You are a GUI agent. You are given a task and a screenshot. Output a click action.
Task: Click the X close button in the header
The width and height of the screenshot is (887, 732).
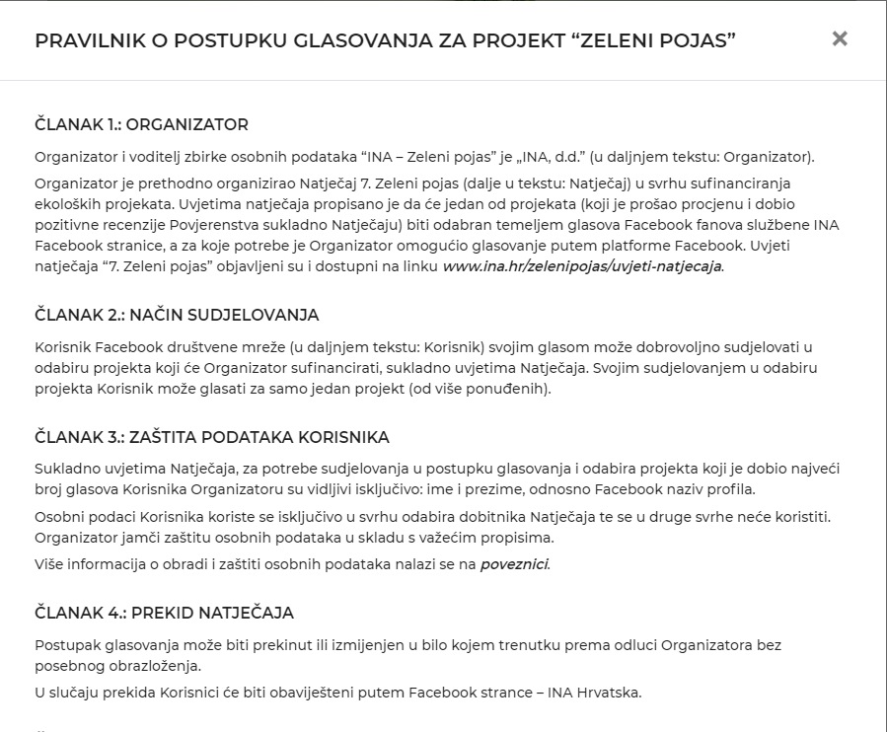point(840,39)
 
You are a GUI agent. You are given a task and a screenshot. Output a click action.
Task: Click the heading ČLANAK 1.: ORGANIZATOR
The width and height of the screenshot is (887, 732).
point(141,125)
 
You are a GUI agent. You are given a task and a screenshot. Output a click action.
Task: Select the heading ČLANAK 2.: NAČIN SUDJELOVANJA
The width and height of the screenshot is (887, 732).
point(177,316)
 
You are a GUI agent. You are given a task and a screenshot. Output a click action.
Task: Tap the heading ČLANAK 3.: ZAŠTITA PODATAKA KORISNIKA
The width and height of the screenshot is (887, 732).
point(212,437)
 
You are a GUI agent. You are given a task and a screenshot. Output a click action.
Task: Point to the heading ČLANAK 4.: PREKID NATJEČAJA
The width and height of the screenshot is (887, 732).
point(164,614)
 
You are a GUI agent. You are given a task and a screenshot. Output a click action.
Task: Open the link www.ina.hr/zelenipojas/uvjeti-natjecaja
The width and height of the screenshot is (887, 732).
point(582,266)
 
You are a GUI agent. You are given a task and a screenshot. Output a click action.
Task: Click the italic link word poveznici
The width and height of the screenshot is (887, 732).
point(514,565)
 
